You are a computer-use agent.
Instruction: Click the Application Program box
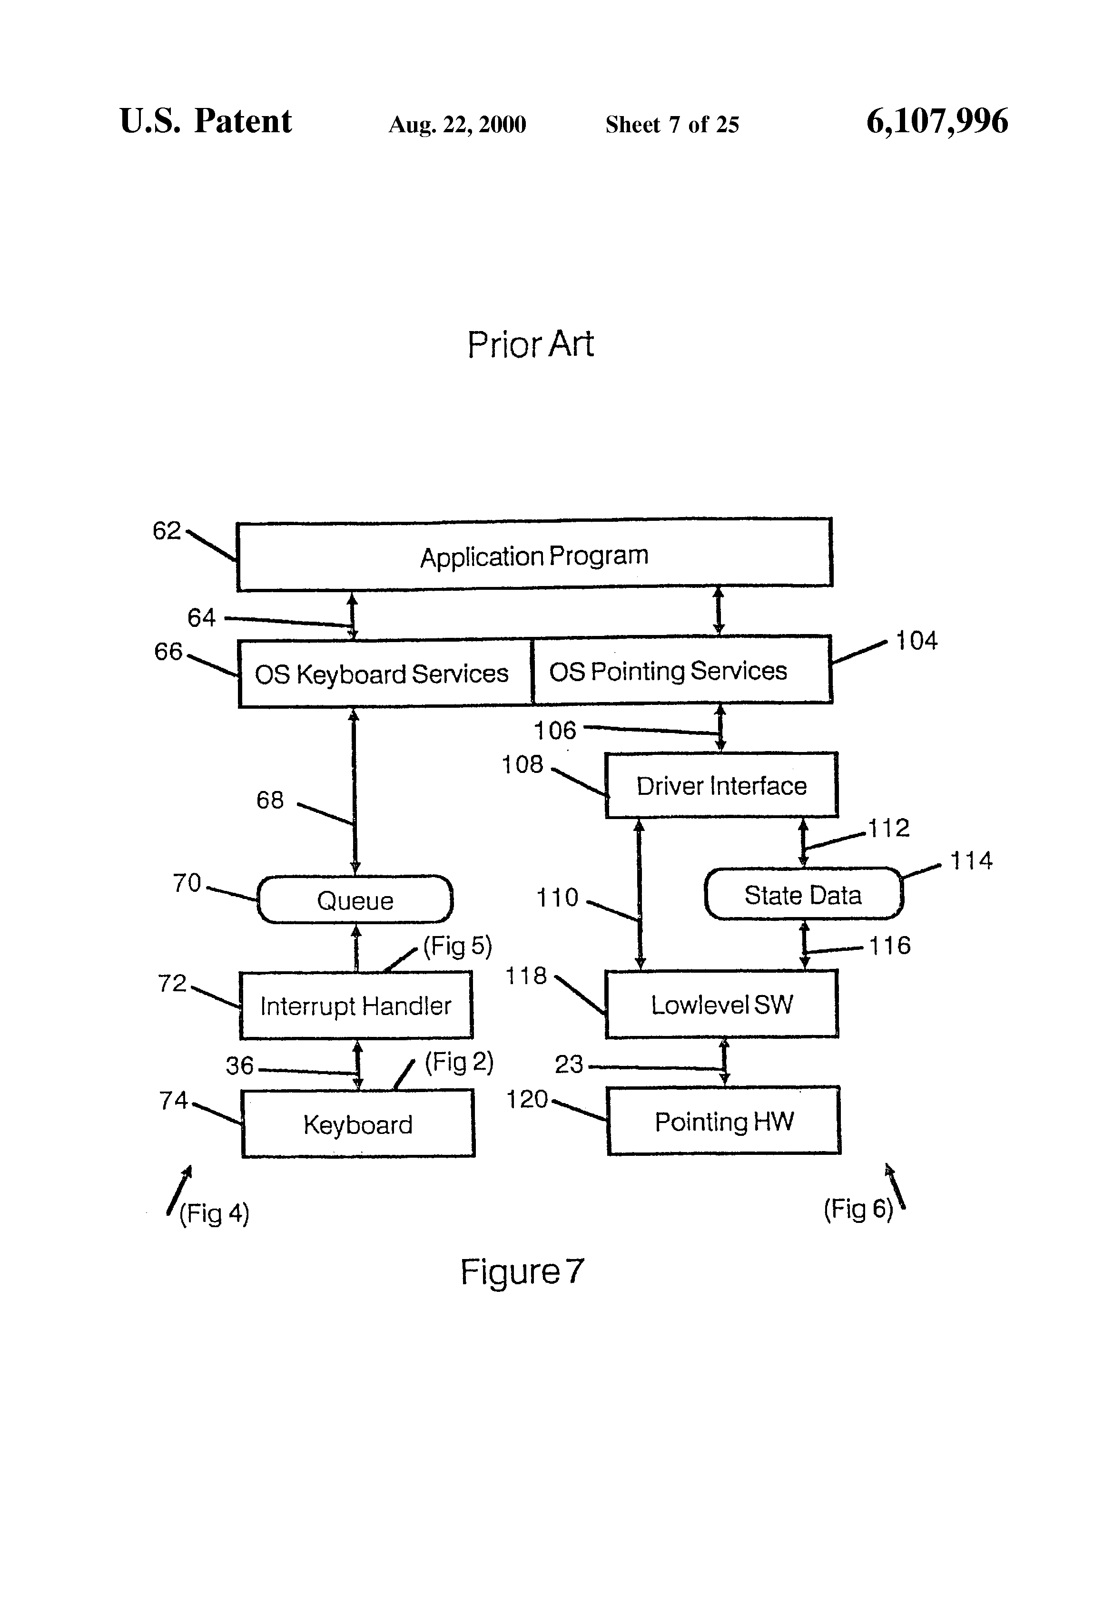(x=534, y=555)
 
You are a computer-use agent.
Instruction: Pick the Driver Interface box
(x=721, y=785)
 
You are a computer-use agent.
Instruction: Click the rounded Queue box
(x=355, y=900)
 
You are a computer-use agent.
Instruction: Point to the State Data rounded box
(x=803, y=894)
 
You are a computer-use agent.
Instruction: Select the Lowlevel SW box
(x=721, y=1005)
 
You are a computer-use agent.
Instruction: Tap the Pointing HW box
(x=724, y=1121)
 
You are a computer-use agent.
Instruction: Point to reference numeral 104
(x=917, y=640)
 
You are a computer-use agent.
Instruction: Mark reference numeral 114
(x=971, y=860)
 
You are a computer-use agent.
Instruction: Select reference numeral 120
(x=527, y=1099)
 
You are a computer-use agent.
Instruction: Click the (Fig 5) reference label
(x=458, y=946)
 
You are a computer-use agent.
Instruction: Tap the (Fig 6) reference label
(x=858, y=1209)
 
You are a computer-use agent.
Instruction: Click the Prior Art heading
(x=531, y=344)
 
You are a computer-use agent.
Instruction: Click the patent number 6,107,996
(x=936, y=121)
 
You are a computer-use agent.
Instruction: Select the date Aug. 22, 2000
(x=457, y=125)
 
